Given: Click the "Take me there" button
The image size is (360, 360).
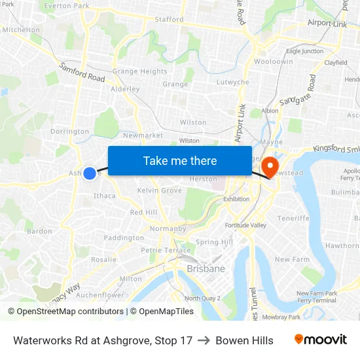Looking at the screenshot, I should tap(180, 160).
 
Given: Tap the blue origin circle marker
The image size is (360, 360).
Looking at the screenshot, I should tap(90, 173).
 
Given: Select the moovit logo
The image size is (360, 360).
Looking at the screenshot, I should tap(321, 340).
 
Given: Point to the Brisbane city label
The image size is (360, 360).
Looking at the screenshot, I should tap(206, 268).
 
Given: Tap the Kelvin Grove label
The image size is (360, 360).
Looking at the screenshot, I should tap(160, 190).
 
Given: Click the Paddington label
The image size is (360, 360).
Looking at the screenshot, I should tap(124, 238).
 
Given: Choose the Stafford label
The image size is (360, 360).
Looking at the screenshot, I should tap(169, 20).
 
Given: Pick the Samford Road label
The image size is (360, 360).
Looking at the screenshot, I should tap(82, 72).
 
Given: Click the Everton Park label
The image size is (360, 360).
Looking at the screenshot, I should tap(66, 6).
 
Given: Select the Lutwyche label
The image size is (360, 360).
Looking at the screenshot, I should tap(232, 82).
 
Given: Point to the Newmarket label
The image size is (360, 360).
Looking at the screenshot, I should tap(143, 135).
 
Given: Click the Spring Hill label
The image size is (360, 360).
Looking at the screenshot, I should tap(214, 242).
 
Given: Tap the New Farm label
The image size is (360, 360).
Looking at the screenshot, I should tap(292, 260).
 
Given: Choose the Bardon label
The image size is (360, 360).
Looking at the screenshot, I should tap(39, 231).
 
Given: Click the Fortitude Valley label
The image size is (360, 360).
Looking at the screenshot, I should tap(246, 225).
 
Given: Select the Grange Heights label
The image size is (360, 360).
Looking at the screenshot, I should tap(139, 71).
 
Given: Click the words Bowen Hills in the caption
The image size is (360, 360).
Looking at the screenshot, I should tap(244, 340).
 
